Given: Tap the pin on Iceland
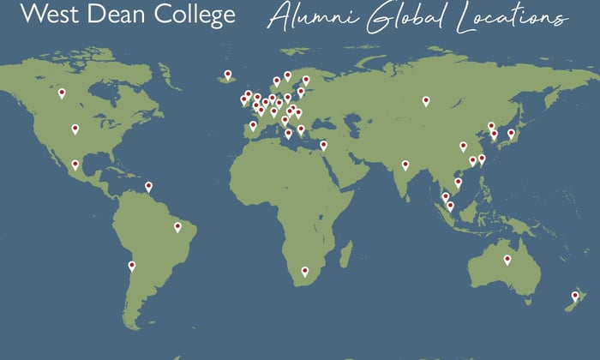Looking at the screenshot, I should pyautogui.click(x=228, y=75).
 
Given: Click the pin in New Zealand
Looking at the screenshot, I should pyautogui.click(x=575, y=296).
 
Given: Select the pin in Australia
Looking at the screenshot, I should pyautogui.click(x=507, y=259).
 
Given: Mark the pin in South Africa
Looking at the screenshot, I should pyautogui.click(x=304, y=271).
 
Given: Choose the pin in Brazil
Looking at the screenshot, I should pyautogui.click(x=177, y=227).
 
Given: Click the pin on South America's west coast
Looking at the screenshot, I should pyautogui.click(x=132, y=266).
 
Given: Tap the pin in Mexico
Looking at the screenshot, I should pyautogui.click(x=75, y=165).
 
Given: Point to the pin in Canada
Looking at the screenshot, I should pyautogui.click(x=62, y=93).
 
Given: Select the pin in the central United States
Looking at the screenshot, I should pyautogui.click(x=75, y=129).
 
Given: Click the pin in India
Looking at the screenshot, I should pyautogui.click(x=405, y=165).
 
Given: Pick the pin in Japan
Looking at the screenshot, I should pyautogui.click(x=511, y=133).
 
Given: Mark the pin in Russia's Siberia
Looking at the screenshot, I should pyautogui.click(x=426, y=100).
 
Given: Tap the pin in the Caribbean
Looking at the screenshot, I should pyautogui.click(x=148, y=185).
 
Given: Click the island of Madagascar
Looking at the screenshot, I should pyautogui.click(x=345, y=252).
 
